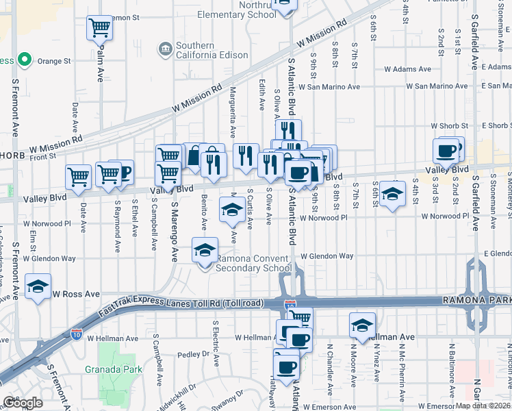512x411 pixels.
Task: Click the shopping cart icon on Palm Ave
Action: (99, 28)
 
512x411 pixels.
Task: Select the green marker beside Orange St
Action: (25, 60)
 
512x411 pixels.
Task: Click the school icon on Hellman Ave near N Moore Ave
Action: (362, 325)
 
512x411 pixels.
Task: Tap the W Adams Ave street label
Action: (407, 69)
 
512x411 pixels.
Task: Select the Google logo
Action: (23, 403)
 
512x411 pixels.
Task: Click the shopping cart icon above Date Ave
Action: (78, 176)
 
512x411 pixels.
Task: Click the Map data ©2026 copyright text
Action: (481, 406)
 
